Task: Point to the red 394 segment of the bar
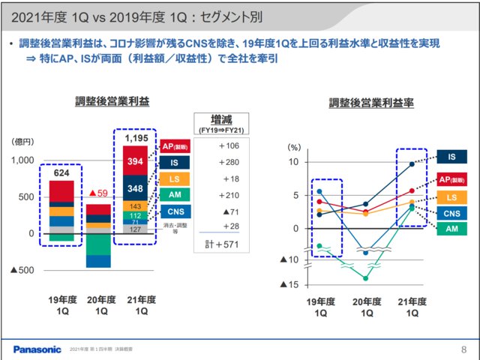tap(135, 161)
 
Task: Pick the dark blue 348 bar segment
tap(135, 188)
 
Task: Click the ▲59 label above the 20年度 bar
tap(98, 193)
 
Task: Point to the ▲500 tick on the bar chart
tap(22, 269)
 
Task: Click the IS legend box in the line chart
tap(451, 157)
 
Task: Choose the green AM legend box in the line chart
tap(451, 229)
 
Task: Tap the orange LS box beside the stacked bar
tap(174, 178)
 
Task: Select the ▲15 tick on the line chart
tap(289, 284)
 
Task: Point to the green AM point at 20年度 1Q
tap(366, 278)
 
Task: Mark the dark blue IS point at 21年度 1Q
tap(411, 163)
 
